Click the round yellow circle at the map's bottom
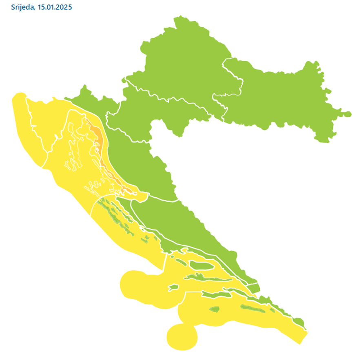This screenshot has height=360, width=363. coord(182,336)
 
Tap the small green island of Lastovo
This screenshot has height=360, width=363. coord(215,309)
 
